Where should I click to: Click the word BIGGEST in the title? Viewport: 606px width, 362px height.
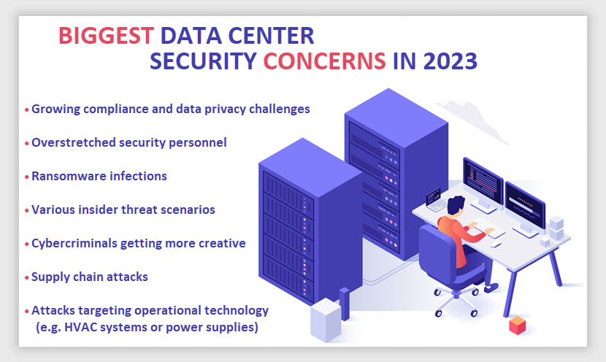point(107,36)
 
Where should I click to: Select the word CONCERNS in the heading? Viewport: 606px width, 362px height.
point(325,61)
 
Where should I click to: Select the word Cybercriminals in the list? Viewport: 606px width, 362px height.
point(74,243)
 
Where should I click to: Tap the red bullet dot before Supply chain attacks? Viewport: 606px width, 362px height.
point(27,278)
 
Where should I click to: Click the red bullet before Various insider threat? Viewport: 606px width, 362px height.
point(27,210)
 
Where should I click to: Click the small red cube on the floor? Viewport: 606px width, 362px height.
point(517,325)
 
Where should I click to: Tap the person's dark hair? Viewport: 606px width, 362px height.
point(456,205)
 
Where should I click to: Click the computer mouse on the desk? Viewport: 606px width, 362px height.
point(496,244)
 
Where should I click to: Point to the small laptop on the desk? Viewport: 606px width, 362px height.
point(435,200)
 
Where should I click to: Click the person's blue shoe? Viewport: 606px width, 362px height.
point(491,288)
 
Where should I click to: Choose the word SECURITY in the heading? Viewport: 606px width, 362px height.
point(203,61)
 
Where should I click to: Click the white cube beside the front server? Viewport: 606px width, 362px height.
point(326,320)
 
